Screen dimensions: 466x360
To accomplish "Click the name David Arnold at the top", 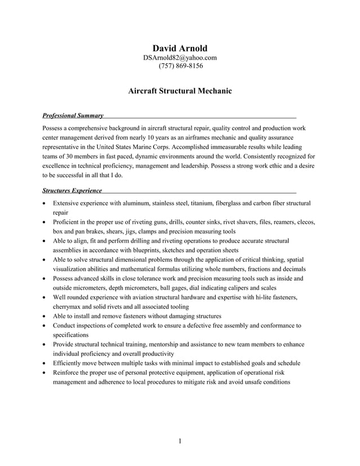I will [x=180, y=49].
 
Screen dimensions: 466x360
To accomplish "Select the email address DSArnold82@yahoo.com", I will [x=180, y=58].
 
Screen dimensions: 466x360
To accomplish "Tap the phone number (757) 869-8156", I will [x=180, y=66].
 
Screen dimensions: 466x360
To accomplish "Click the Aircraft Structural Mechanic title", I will [x=180, y=90].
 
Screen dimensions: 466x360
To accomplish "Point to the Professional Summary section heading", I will [x=73, y=116].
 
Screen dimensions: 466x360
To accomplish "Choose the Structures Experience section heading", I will [x=72, y=191].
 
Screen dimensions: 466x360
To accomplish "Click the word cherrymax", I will [x=69, y=306].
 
